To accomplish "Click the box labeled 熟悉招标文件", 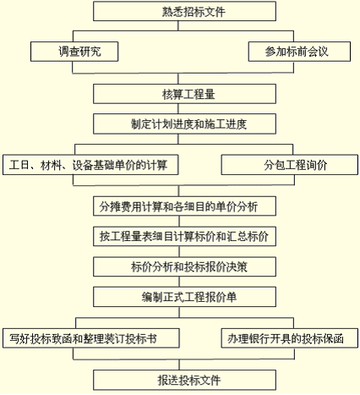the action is click(x=184, y=11).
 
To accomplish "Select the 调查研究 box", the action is click(x=74, y=52).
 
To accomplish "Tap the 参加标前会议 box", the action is click(x=299, y=52).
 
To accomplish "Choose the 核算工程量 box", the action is click(x=184, y=94).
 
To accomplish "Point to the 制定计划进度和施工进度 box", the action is click(x=184, y=123).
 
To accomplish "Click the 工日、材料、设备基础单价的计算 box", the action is click(x=90, y=165).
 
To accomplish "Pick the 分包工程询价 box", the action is click(x=290, y=165).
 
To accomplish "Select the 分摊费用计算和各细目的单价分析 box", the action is click(x=184, y=206).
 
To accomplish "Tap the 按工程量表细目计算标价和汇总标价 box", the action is click(x=184, y=236).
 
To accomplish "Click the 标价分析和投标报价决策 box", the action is click(x=184, y=266).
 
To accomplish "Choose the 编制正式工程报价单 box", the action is click(x=184, y=297).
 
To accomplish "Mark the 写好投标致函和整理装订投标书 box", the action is click(x=91, y=338).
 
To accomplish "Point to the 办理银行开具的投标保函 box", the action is click(x=290, y=338).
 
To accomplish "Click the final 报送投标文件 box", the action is click(x=184, y=380).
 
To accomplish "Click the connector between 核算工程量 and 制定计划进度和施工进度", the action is click(x=178, y=109).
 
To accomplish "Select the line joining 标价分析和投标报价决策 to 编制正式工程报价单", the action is click(x=179, y=282).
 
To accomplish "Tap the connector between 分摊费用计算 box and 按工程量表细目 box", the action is click(x=179, y=222).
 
